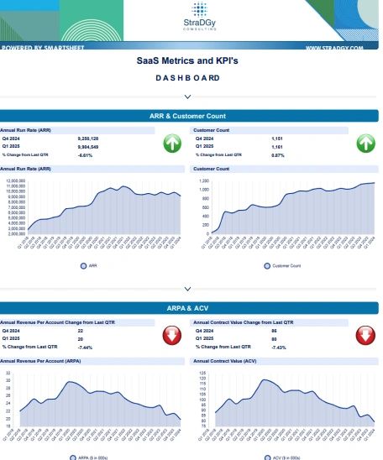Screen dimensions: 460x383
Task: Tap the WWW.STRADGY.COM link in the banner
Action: tap(333, 48)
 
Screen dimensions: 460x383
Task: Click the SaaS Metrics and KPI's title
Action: tap(187, 62)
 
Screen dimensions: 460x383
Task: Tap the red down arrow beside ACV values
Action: tap(365, 336)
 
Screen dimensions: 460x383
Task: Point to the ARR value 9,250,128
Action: tap(89, 138)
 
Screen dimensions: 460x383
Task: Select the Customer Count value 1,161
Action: tap(279, 146)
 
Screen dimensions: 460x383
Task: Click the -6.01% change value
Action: tap(85, 154)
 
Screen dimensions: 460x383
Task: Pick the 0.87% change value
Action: tap(278, 154)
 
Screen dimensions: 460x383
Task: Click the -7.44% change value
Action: tap(85, 347)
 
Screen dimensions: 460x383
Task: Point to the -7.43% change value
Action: tap(278, 347)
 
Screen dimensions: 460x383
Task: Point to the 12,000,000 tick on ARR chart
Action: tap(16, 180)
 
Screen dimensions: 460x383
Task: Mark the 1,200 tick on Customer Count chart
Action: tap(202, 180)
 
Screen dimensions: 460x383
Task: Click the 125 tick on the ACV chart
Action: tap(202, 372)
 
